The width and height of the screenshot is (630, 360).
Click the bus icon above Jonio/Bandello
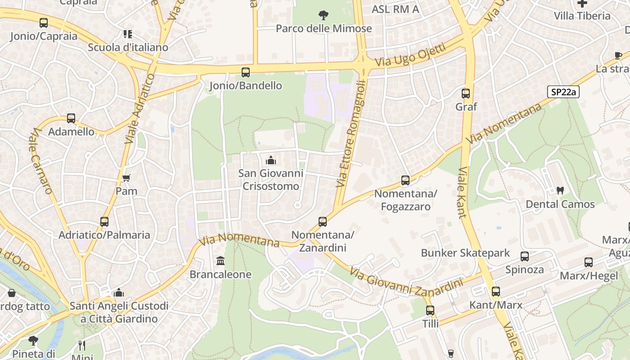[x=246, y=72]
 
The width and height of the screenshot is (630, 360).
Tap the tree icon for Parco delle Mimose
[x=323, y=16]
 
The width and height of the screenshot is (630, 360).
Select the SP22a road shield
[x=563, y=92]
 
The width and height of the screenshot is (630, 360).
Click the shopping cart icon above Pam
[x=126, y=178]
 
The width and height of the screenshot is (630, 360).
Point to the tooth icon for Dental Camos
[x=560, y=190]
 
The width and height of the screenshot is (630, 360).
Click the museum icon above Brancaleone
[x=220, y=261]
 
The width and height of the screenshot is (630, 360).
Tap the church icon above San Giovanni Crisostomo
[x=271, y=160]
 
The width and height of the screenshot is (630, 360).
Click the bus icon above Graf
[x=466, y=94]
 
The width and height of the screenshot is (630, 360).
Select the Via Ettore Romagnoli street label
[x=351, y=134]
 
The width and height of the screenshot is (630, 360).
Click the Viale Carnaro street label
[x=42, y=161]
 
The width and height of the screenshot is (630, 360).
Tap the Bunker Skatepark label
[x=465, y=253]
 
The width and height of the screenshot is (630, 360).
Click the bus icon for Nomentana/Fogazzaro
[x=405, y=180]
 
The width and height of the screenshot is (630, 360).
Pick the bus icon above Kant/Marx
[x=496, y=292]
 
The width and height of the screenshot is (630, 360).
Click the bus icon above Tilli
[x=430, y=310]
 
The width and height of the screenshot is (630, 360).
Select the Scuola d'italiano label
[x=128, y=47]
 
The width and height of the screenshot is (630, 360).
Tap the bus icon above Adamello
[x=71, y=118]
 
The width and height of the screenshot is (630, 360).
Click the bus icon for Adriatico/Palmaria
[x=104, y=221]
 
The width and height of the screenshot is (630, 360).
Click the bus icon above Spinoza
[x=525, y=256]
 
